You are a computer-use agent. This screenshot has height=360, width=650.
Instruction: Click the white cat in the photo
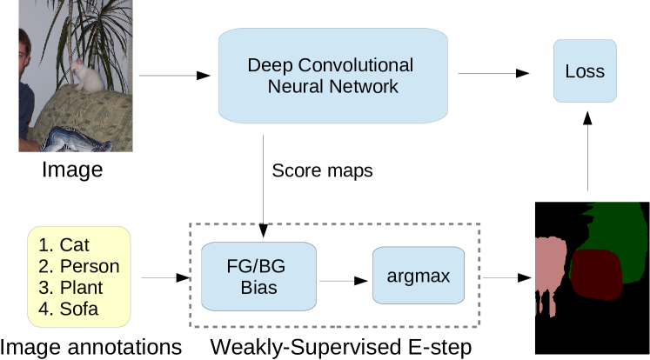coord(86,77)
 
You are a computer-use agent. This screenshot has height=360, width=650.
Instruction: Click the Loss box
coord(585,71)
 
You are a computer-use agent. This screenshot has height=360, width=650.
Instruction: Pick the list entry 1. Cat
coord(64,246)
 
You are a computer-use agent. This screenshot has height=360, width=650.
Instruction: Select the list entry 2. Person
coord(78,267)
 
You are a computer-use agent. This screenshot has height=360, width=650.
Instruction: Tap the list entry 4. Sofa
coord(68,309)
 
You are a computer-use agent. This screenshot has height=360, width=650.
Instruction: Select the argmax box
coord(418,276)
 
